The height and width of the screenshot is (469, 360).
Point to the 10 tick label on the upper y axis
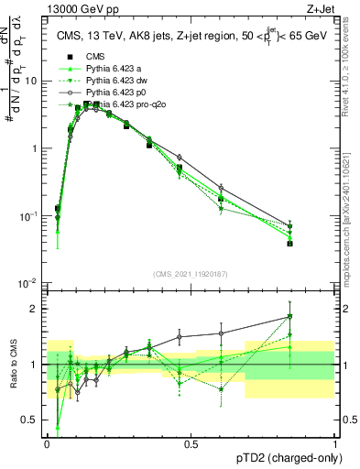[31, 81]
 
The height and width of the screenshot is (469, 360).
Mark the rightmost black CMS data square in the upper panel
[289, 243]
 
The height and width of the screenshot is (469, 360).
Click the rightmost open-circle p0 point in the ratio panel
[289, 316]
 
